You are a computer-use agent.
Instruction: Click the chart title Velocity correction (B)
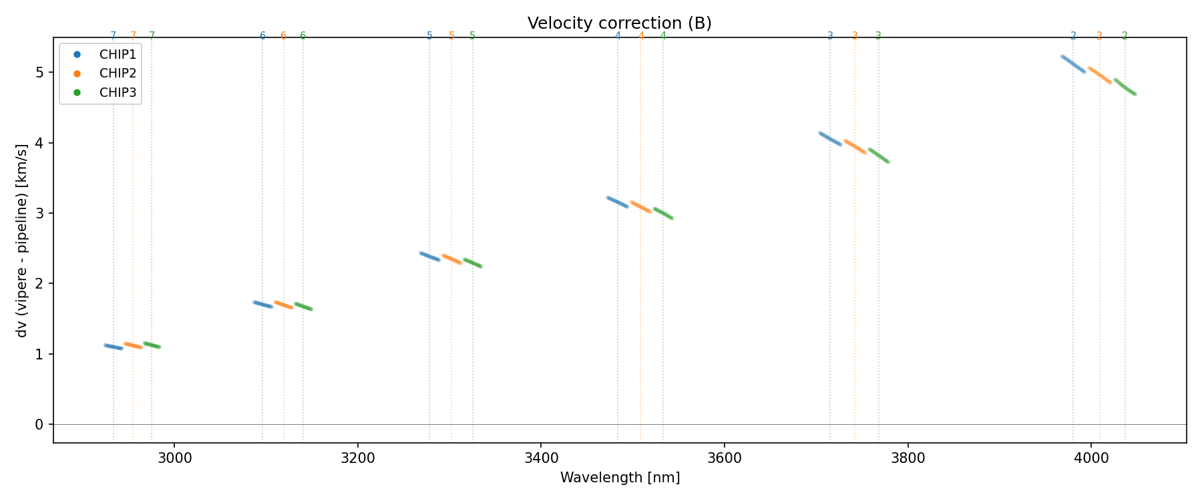click(619, 23)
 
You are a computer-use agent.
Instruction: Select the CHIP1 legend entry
click(118, 55)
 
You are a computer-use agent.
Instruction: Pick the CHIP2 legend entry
click(118, 73)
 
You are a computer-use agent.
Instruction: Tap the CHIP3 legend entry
click(118, 92)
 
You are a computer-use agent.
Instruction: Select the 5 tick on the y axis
click(39, 72)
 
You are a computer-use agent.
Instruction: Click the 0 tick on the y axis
click(39, 424)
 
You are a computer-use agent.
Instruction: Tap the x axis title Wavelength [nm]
click(620, 478)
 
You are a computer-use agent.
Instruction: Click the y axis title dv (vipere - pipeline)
click(22, 240)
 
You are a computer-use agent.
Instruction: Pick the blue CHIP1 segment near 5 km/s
click(1073, 64)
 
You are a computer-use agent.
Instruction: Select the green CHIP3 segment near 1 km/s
click(152, 345)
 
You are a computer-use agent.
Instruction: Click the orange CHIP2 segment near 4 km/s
click(855, 147)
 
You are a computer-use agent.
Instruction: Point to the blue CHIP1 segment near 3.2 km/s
click(617, 202)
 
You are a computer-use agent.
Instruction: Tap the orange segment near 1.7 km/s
click(284, 305)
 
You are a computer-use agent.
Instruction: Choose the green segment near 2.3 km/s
click(473, 263)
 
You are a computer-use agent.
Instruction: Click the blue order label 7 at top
click(113, 36)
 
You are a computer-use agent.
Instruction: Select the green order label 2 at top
click(1125, 36)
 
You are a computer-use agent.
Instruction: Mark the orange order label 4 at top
click(641, 36)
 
